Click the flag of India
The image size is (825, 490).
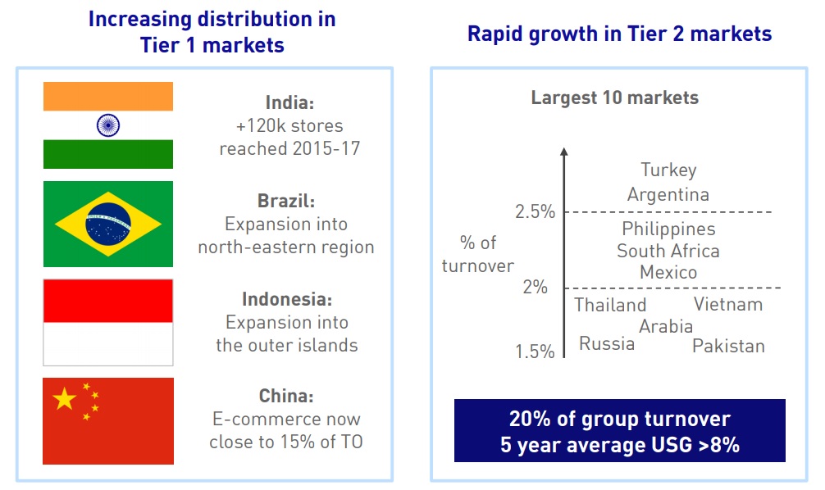coord(107,125)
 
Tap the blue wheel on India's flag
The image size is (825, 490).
coord(107,125)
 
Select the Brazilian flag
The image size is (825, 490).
coord(107,224)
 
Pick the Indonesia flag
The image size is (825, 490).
coord(107,322)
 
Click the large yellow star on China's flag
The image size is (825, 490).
coord(64,399)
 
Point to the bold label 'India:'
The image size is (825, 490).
coord(289,103)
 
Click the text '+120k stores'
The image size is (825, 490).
coord(289,126)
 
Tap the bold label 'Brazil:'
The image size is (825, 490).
coord(286,202)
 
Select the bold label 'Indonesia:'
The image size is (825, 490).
coord(287,300)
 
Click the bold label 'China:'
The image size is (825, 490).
coord(286,397)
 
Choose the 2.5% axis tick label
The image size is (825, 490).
coord(535,212)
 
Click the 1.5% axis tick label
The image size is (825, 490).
coord(535,352)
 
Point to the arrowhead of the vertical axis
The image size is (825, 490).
coord(563,152)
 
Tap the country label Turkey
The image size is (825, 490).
coord(668,170)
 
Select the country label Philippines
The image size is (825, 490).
coord(668,229)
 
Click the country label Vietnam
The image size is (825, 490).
coord(728,305)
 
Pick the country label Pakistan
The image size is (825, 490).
coord(728,346)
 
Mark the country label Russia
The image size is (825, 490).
coord(607,343)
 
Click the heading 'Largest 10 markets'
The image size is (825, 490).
coord(615,98)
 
